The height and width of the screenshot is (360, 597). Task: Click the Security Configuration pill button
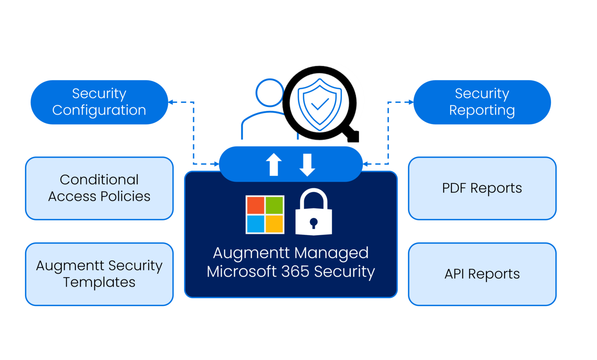[x=99, y=102]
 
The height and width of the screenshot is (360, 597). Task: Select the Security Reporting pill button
[x=482, y=102]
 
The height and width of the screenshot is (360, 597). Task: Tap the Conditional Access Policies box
[x=99, y=188]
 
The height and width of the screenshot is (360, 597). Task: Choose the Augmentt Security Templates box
[x=99, y=274]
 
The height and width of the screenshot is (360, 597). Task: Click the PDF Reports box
[x=482, y=188]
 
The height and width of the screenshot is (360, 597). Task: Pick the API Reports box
[x=482, y=274]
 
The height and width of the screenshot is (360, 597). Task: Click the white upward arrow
[x=274, y=164]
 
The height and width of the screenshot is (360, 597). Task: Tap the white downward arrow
[x=307, y=165]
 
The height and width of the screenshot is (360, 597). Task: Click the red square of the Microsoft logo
[x=255, y=205]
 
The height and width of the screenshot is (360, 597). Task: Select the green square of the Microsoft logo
[x=274, y=205]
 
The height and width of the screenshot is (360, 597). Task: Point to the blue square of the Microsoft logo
[x=255, y=224]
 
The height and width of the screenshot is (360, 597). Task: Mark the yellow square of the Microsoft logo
[x=274, y=224]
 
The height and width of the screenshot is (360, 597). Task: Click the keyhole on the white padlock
[x=314, y=223]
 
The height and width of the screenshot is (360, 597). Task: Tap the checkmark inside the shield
[x=320, y=104]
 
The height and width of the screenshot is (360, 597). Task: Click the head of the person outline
[x=269, y=93]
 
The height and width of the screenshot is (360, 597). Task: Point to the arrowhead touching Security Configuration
[x=171, y=103]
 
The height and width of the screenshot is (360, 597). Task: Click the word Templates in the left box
[x=99, y=282]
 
